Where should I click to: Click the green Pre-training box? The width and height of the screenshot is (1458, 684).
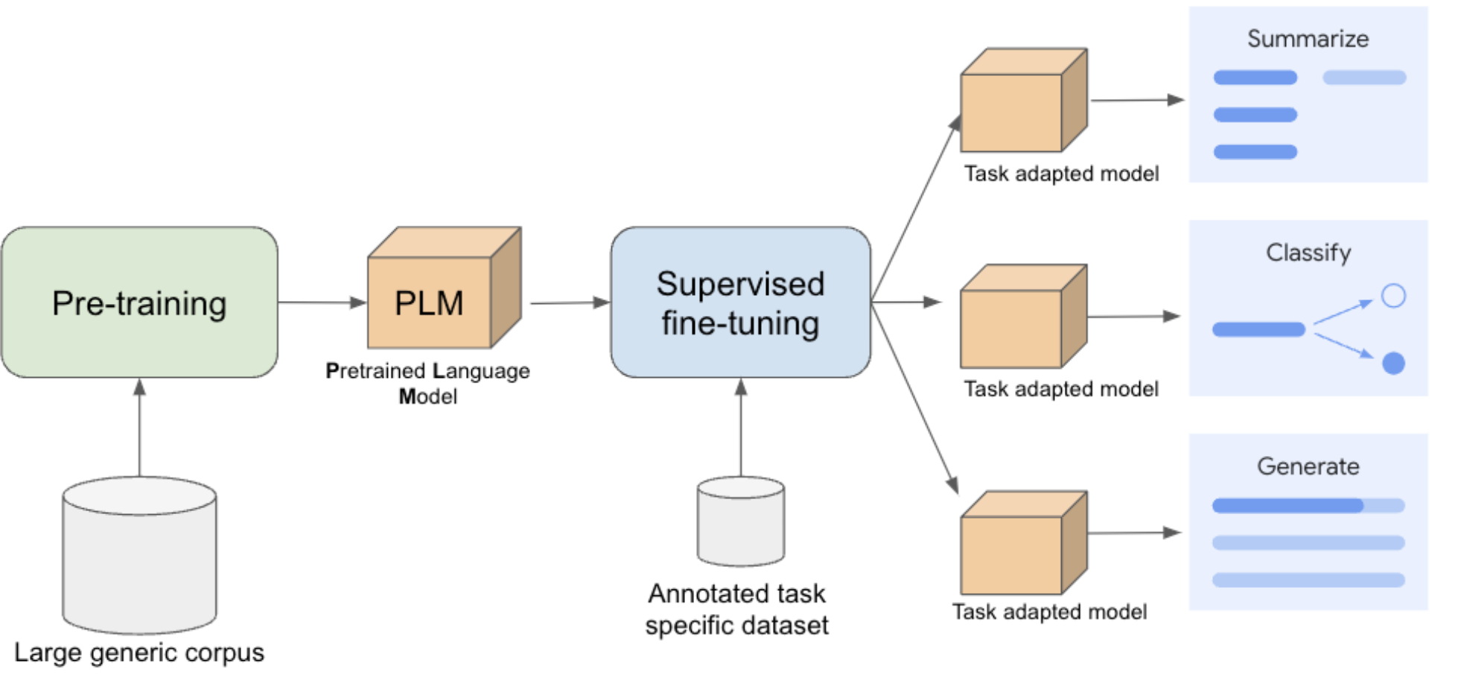(x=139, y=303)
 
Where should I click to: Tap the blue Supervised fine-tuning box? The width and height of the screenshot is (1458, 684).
(x=740, y=303)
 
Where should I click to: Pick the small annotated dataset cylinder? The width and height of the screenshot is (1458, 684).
(x=740, y=522)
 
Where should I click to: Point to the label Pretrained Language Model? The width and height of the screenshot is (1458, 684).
(x=427, y=383)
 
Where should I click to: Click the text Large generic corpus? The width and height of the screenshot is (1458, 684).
(x=139, y=653)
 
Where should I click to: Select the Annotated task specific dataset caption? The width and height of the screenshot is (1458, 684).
(x=737, y=609)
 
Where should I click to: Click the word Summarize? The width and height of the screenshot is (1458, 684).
(x=1308, y=39)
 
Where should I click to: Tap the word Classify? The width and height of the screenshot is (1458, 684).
(x=1308, y=253)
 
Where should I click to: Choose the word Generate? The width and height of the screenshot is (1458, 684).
(x=1308, y=466)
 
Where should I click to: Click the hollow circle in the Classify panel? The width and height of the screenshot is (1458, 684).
(x=1393, y=296)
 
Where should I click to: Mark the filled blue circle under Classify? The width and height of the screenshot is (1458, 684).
(x=1393, y=363)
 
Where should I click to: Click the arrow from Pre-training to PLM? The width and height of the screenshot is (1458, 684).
(x=322, y=303)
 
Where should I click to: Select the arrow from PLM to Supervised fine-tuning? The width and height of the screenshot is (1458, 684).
(x=570, y=303)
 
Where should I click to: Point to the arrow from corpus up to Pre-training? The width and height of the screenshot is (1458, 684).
(x=139, y=428)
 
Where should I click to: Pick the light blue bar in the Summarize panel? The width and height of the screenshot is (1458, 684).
(x=1364, y=77)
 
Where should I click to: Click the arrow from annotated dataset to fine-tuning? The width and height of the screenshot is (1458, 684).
(x=740, y=428)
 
